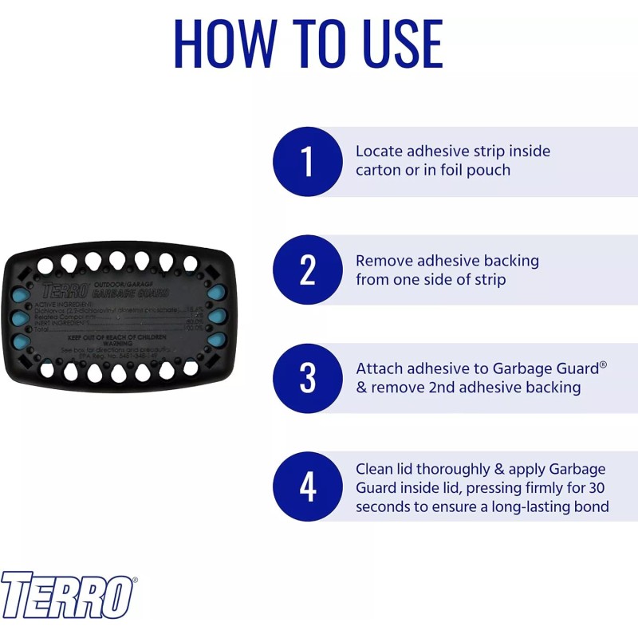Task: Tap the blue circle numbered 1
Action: [308, 162]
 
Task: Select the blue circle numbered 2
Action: [308, 270]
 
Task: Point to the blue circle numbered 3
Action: [308, 378]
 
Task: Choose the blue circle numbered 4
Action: [308, 486]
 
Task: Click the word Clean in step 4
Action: [374, 468]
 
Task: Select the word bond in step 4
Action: [592, 506]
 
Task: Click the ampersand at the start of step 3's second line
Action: [361, 388]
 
